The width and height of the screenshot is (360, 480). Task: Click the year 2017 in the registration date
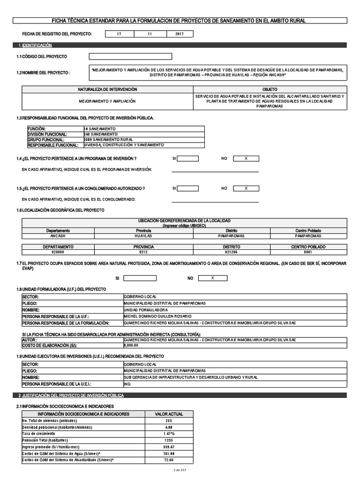(179, 34)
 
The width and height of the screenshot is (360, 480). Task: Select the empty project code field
(130, 57)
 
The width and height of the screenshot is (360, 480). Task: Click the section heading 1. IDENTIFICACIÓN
(35, 45)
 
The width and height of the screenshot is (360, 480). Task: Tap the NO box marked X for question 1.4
(246, 158)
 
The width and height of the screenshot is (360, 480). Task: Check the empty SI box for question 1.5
(187, 188)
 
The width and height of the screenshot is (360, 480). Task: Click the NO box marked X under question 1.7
(212, 278)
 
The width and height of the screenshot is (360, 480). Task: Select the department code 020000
(58, 252)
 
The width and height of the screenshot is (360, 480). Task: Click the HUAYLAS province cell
(143, 236)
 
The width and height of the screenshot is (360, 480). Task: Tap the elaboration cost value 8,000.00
(131, 345)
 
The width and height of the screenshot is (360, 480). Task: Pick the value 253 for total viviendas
(169, 420)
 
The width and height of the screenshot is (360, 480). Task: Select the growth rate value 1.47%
(169, 434)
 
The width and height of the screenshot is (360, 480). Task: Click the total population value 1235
(169, 440)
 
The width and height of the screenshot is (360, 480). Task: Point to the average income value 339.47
(169, 447)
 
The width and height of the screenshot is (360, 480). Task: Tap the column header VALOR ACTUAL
(169, 414)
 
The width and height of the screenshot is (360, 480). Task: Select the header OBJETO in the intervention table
(270, 89)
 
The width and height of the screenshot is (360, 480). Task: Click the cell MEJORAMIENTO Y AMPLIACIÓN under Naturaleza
(107, 101)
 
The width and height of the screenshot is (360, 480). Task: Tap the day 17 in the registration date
(119, 34)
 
